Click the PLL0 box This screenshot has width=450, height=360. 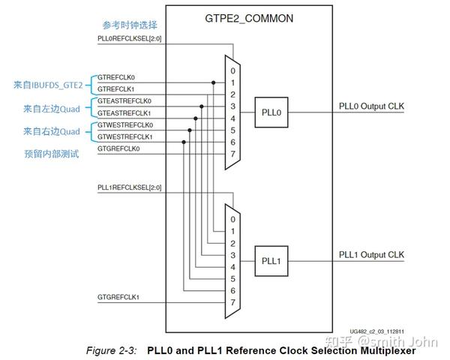271,112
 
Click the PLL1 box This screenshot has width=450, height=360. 271,261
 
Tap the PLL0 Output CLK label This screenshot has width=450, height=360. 371,106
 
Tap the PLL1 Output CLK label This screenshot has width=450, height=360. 371,255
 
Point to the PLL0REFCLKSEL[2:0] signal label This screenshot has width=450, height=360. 130,38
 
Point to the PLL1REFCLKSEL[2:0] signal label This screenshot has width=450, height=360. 130,187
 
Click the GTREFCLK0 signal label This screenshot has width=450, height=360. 118,77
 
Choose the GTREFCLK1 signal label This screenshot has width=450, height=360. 118,89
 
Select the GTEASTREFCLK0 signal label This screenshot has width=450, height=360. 124,101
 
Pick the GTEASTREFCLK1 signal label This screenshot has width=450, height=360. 124,112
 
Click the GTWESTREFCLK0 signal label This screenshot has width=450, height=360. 125,124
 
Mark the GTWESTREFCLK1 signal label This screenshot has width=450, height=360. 125,136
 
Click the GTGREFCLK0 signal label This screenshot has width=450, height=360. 120,148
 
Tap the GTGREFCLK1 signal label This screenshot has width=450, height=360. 120,298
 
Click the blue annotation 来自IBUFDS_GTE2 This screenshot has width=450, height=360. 48,85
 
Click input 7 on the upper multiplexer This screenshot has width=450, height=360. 232,154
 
